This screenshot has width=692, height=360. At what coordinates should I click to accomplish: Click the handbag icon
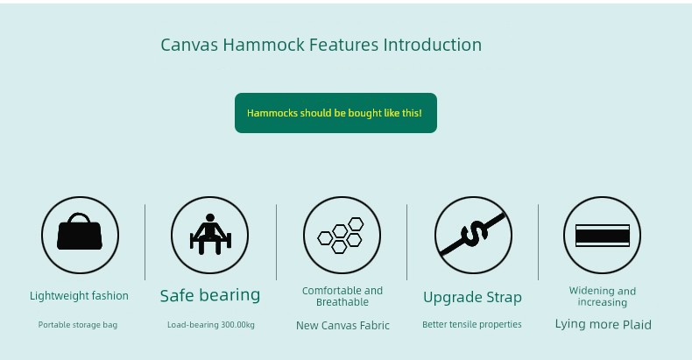pyautogui.click(x=80, y=232)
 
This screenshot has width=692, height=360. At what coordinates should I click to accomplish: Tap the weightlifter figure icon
pyautogui.click(x=210, y=234)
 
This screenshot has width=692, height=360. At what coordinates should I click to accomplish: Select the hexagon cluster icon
pyautogui.click(x=341, y=236)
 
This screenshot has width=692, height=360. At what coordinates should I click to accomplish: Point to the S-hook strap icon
pyautogui.click(x=473, y=234)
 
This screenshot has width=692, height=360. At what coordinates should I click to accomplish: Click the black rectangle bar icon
pyautogui.click(x=603, y=236)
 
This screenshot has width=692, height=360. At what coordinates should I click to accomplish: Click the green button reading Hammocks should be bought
pyautogui.click(x=335, y=113)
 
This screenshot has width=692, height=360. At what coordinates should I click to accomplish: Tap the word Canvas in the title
pyautogui.click(x=189, y=45)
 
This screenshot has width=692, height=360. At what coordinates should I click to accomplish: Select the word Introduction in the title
pyautogui.click(x=433, y=45)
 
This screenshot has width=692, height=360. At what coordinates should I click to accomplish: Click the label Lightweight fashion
pyautogui.click(x=79, y=296)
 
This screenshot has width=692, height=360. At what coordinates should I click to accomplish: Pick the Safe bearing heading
pyautogui.click(x=210, y=295)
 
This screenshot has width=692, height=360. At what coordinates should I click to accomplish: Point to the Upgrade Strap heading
pyautogui.click(x=472, y=297)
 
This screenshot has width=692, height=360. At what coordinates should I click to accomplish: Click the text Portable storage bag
pyautogui.click(x=78, y=325)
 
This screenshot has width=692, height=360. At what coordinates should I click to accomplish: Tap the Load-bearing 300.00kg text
pyautogui.click(x=211, y=325)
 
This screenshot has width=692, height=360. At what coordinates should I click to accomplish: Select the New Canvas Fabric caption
pyautogui.click(x=342, y=326)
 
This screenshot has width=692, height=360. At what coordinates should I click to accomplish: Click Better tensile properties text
pyautogui.click(x=472, y=325)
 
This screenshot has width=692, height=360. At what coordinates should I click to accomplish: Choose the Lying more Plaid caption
pyautogui.click(x=603, y=324)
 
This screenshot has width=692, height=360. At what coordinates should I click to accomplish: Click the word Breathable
pyautogui.click(x=342, y=302)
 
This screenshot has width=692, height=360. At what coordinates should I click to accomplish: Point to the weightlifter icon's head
pyautogui.click(x=210, y=217)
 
